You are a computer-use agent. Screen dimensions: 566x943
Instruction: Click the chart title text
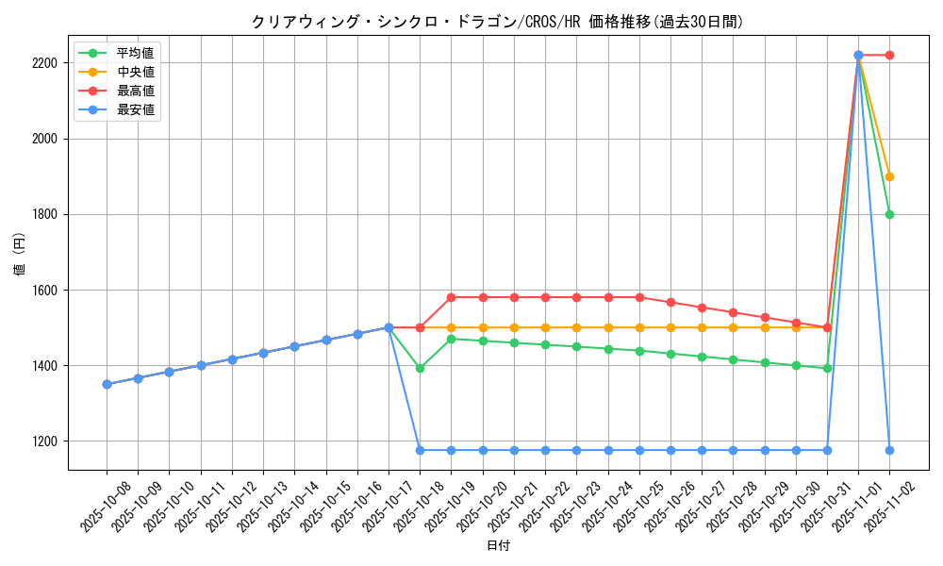pyautogui.click(x=497, y=22)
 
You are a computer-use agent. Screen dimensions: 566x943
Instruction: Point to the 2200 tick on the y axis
pyautogui.click(x=46, y=63)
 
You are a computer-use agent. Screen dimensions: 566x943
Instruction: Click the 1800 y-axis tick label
pyautogui.click(x=46, y=214)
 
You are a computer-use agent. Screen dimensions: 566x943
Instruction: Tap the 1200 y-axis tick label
pyautogui.click(x=46, y=441)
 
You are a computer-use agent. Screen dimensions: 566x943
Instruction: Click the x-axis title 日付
pyautogui.click(x=498, y=546)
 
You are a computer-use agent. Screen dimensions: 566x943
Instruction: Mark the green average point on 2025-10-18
pyautogui.click(x=420, y=368)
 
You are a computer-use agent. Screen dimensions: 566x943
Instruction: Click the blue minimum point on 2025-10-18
pyautogui.click(x=420, y=450)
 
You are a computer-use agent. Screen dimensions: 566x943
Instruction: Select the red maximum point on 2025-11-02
pyautogui.click(x=889, y=56)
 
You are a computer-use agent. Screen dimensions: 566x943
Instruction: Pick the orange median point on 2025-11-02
pyautogui.click(x=889, y=176)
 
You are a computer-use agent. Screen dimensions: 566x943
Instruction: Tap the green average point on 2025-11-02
pyautogui.click(x=889, y=214)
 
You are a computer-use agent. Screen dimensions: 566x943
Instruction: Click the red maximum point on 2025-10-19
pyautogui.click(x=452, y=297)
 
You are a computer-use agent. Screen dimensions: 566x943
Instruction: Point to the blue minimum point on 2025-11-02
pyautogui.click(x=889, y=450)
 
